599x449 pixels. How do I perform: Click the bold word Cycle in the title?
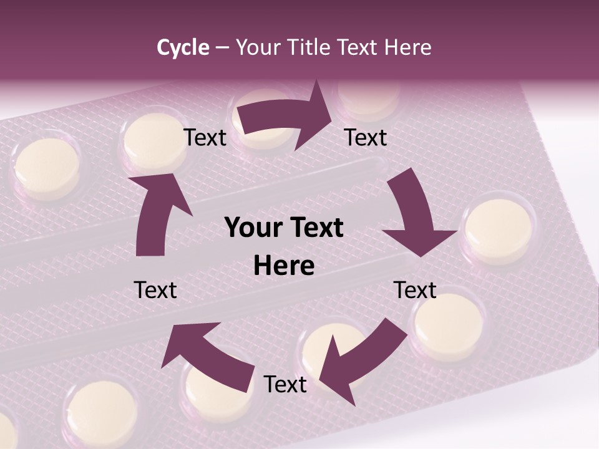coord(183,47)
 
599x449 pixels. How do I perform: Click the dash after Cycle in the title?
coord(222,47)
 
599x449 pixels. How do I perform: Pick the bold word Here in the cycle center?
coord(284,266)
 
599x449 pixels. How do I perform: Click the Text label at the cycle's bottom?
coord(285,384)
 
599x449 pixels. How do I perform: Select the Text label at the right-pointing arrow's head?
coord(366,137)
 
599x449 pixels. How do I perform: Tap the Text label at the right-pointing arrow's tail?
coord(205,137)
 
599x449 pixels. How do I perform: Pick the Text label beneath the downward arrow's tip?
coord(415,290)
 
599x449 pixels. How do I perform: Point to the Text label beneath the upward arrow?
coord(155,290)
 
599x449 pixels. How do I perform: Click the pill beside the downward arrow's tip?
coord(499,229)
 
